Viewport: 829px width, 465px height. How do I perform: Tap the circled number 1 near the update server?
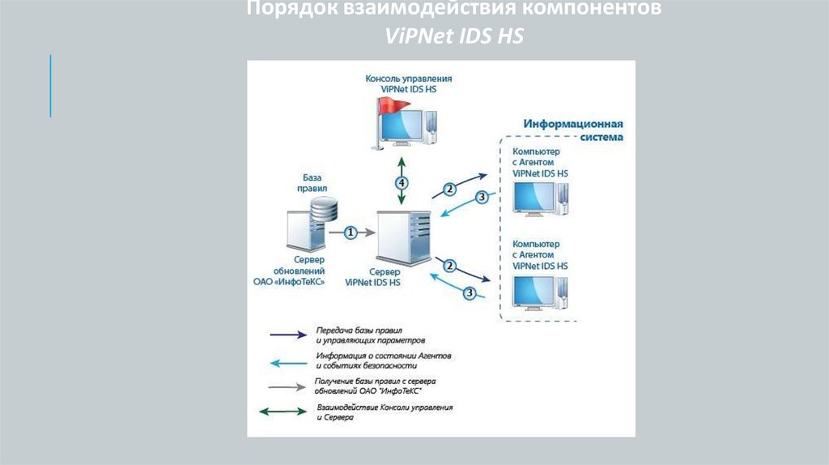point(351,232)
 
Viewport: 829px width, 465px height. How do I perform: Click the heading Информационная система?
point(572,130)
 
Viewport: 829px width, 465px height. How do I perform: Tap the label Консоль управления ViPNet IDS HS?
point(408,84)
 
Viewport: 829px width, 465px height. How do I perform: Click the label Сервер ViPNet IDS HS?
point(372,278)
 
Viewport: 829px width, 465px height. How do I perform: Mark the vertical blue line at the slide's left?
point(50,86)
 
